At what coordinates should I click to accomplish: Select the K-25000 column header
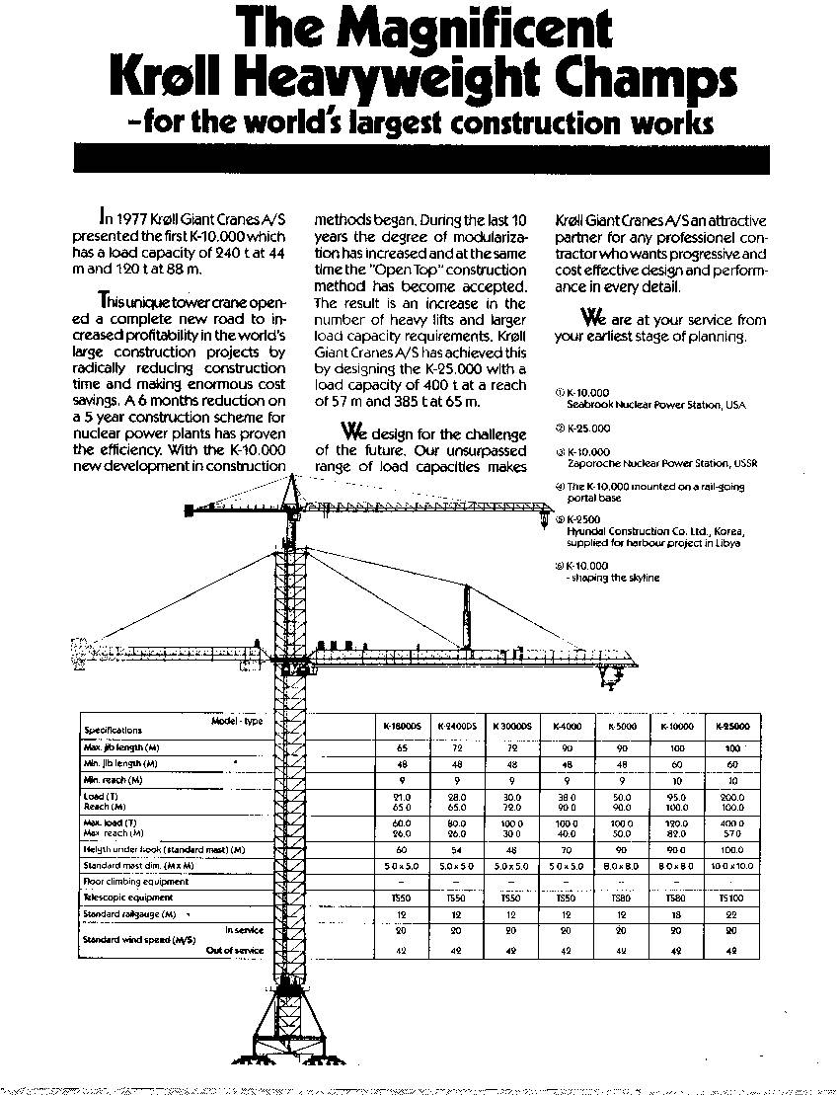coord(731,726)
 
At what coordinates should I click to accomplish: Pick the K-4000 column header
coord(567,726)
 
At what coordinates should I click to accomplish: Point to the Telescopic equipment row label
coord(128,898)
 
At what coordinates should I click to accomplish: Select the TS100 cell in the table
coord(731,898)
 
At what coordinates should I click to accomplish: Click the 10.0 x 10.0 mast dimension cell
coord(731,866)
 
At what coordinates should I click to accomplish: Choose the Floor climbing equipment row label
coord(135,882)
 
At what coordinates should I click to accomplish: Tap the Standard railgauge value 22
coord(731,915)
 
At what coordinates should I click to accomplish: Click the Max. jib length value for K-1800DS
coord(401,748)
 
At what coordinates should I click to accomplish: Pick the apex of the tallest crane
coord(291,477)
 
